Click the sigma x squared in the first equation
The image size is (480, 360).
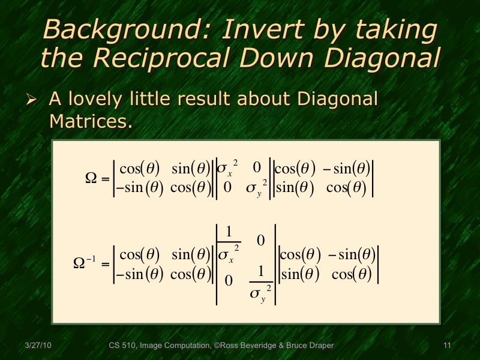point(227,169)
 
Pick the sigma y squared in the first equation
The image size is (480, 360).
point(256,188)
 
